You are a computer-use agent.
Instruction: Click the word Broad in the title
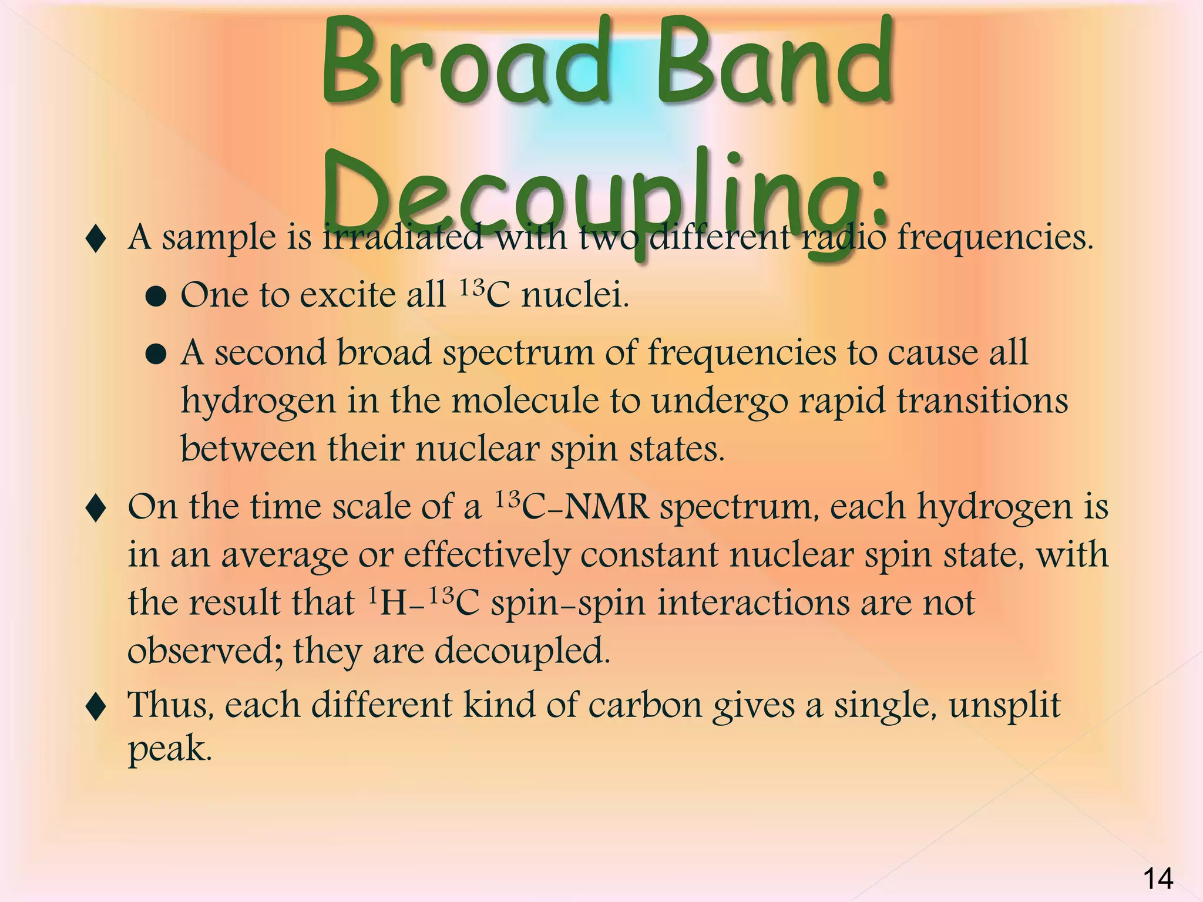pyautogui.click(x=464, y=65)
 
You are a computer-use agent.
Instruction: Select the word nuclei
pyautogui.click(x=575, y=295)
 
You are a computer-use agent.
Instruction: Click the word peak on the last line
pyautogui.click(x=169, y=749)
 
